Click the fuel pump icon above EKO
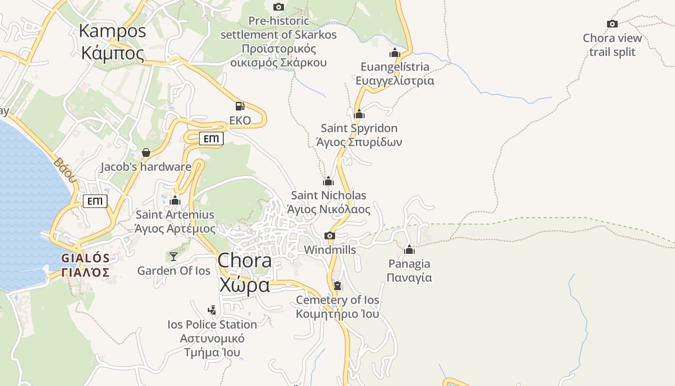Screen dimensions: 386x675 coord(240,106)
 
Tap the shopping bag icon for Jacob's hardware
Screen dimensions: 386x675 coord(146,152)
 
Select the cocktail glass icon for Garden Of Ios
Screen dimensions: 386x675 coord(174,256)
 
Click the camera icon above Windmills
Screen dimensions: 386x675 coord(330,235)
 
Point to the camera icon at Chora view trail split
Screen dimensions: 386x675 coord(612,24)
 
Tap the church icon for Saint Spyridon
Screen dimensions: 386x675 coord(359,114)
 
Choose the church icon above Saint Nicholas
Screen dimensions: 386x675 coord(328,181)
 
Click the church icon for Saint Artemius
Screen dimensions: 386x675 coord(175,200)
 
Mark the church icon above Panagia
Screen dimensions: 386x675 coord(409,249)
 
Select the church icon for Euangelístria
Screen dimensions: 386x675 coord(395,53)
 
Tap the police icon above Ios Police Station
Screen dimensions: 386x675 coord(212,310)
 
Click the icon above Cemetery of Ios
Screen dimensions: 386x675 coord(337,286)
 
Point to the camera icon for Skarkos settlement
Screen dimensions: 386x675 coord(279,7)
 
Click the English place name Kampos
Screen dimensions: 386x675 coord(112,31)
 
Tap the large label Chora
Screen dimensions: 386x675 coord(244,261)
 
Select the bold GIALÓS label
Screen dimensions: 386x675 coord(85,258)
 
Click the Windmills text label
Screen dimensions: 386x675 coord(330,250)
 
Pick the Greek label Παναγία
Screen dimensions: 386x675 coord(409,278)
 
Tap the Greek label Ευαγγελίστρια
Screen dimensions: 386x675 coord(395,81)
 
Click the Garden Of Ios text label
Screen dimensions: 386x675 coord(174,271)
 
